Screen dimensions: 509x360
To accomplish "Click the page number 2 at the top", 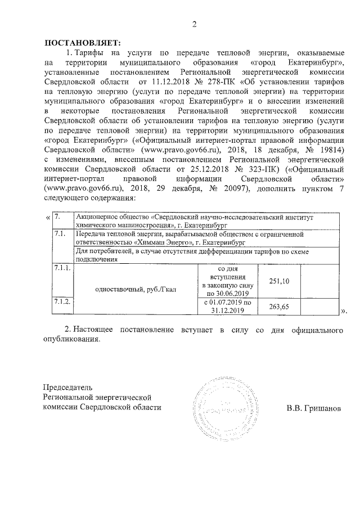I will pyautogui.click(x=194, y=24).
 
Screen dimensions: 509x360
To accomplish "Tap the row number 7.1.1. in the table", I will pyautogui.click(x=61, y=268).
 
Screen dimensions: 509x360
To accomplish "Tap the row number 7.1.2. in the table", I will pyautogui.click(x=61, y=302).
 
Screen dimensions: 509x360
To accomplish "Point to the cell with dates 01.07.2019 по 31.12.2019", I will pyautogui.click(x=225, y=306).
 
